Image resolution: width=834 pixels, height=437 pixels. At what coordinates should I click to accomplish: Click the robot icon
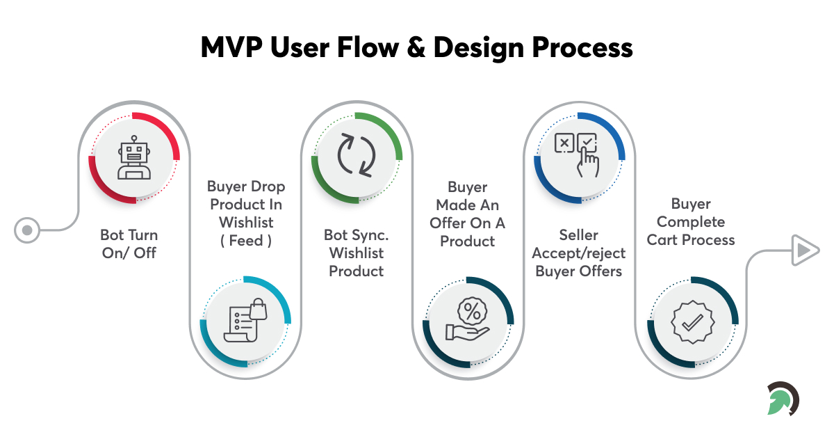(x=134, y=158)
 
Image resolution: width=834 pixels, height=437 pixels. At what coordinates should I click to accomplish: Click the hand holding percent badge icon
(x=468, y=321)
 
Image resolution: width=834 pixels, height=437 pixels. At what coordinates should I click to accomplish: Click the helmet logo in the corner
(x=783, y=399)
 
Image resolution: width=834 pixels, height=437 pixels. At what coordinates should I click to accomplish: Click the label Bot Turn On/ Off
(x=129, y=244)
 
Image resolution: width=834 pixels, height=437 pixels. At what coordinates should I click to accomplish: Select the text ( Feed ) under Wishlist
(x=246, y=240)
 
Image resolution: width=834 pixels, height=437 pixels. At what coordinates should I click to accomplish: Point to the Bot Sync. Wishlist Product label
(x=357, y=253)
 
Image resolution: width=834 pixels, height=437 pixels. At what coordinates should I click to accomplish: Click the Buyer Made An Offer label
(x=468, y=214)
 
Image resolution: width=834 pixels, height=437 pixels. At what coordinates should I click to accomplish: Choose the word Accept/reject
(x=578, y=253)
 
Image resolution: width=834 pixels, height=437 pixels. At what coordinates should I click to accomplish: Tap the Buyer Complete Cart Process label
(x=691, y=222)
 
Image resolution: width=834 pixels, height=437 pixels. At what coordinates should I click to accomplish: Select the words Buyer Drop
(x=246, y=186)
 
